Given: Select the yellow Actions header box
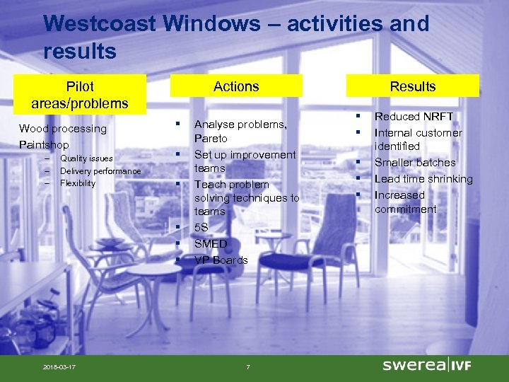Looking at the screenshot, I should tap(236, 86).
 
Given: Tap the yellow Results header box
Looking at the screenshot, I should tap(412, 86).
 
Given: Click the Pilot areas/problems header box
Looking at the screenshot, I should tap(79, 95).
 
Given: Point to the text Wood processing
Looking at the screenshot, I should tap(63, 129).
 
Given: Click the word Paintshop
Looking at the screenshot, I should tap(44, 145).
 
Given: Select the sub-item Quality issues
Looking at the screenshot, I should tap(86, 158).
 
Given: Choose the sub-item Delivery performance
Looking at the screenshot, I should tap(100, 171).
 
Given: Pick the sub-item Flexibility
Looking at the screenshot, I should tap(78, 183).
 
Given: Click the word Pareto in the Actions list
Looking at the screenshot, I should tap(211, 139).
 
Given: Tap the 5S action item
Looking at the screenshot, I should tap(201, 228).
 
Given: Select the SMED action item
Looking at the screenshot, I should tap(211, 244).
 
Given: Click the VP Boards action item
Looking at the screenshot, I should tap(221, 260).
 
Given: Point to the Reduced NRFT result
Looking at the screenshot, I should tap(414, 117).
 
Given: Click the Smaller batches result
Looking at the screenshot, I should tap(415, 163).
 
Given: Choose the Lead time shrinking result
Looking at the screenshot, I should tap(423, 179).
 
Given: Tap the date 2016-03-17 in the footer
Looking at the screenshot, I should tap(59, 366).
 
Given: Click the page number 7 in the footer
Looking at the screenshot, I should tap(247, 366).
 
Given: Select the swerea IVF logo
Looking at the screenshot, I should tap(426, 365).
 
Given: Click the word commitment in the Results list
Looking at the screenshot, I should tap(405, 209).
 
